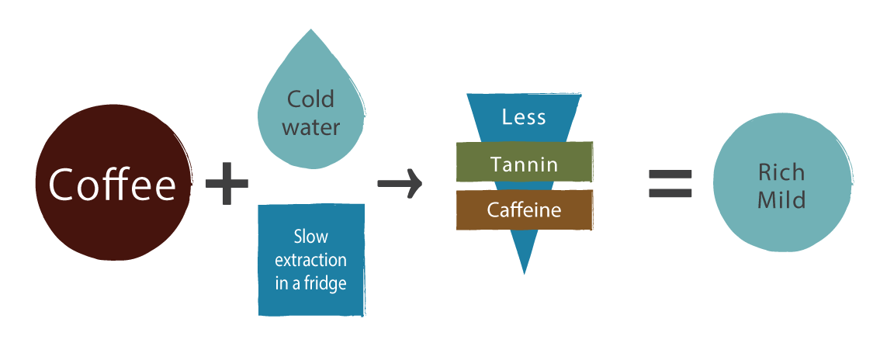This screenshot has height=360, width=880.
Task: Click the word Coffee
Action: [113, 184]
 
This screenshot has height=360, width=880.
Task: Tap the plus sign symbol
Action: [227, 184]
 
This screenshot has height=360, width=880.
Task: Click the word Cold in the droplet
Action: [310, 99]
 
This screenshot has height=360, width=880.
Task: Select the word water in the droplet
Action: [311, 126]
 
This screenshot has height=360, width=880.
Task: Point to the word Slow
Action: [310, 236]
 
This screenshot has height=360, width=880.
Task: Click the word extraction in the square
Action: [310, 259]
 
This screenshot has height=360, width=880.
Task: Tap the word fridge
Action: [327, 283]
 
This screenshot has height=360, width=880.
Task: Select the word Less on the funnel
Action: [524, 117]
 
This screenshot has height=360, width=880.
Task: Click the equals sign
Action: [670, 184]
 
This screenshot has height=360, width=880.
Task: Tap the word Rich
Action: [781, 171]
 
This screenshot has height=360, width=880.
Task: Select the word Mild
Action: [781, 200]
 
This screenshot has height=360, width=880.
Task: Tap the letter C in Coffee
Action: [62, 184]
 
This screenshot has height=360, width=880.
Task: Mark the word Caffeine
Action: [524, 210]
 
